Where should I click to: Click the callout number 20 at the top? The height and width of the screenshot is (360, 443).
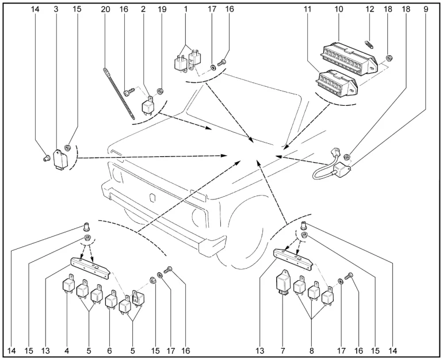click(x=105, y=10)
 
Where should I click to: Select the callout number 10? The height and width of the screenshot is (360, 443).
click(x=339, y=10)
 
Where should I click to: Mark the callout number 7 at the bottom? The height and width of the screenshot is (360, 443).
click(x=283, y=349)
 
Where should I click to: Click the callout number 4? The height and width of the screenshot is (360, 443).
click(x=67, y=349)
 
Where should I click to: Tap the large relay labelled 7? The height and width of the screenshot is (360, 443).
click(x=283, y=282)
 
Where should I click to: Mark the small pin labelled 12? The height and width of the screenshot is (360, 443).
click(x=369, y=41)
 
